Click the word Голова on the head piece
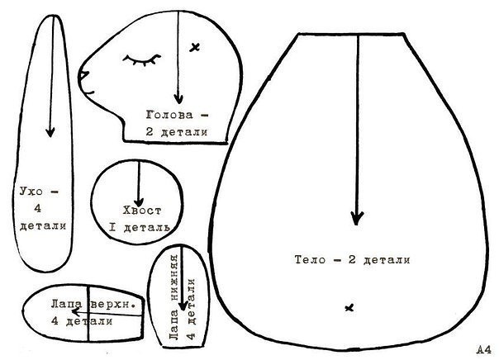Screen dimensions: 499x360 [x=169, y=115]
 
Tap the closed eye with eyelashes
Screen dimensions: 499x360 [x=142, y=60]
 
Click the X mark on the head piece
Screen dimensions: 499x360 [x=194, y=47]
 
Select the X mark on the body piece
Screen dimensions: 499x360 [x=349, y=307]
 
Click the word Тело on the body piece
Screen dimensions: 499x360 [x=311, y=259]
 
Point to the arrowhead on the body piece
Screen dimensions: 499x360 [x=357, y=218]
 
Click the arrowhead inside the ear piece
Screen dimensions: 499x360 [x=50, y=131]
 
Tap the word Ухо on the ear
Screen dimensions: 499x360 [x=31, y=192]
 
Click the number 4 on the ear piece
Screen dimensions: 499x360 [x=38, y=209]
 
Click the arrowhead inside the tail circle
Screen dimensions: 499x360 [x=139, y=201]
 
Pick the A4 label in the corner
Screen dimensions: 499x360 [x=484, y=350]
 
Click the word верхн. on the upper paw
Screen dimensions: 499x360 [x=113, y=304]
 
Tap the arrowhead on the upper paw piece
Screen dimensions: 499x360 [x=75, y=312]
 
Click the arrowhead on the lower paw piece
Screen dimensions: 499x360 [x=183, y=306]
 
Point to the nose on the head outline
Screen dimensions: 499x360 [x=83, y=76]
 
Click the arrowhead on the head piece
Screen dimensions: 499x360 [x=178, y=98]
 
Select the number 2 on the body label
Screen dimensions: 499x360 [x=352, y=259]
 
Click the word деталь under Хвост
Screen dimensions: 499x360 [x=146, y=227]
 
